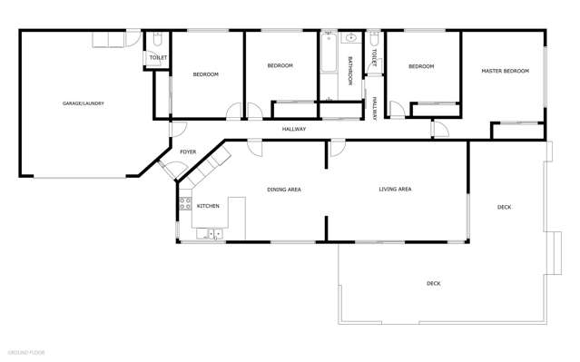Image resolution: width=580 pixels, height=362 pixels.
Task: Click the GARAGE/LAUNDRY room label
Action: pyautogui.click(x=83, y=103)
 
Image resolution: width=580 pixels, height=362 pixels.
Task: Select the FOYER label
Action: pyautogui.click(x=188, y=152)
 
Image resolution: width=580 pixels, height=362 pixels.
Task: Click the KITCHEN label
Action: pyautogui.click(x=208, y=207)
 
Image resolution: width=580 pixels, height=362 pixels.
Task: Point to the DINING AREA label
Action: pyautogui.click(x=283, y=190)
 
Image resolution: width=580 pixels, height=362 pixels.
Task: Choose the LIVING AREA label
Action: pyautogui.click(x=395, y=189)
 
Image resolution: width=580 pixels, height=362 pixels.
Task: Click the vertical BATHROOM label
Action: pyautogui.click(x=350, y=71)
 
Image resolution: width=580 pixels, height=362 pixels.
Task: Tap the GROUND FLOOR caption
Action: pyautogui.click(x=26, y=350)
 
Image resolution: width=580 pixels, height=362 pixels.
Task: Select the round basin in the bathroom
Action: pyautogui.click(x=350, y=40)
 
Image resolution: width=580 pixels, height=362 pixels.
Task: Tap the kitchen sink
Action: pyautogui.click(x=215, y=234)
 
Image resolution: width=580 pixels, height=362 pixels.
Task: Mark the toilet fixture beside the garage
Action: pyautogui.click(x=157, y=40)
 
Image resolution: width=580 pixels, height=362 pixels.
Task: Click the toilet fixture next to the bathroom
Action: pyautogui.click(x=373, y=39)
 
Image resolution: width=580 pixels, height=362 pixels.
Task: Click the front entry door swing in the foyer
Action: pyautogui.click(x=170, y=169)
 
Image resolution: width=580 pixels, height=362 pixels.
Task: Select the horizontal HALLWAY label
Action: pyautogui.click(x=293, y=129)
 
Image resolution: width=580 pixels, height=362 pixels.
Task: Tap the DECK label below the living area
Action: pyautogui.click(x=434, y=284)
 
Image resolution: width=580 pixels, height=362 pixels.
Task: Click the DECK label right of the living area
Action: pyautogui.click(x=504, y=208)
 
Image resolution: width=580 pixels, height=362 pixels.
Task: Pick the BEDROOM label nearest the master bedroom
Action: pyautogui.click(x=420, y=66)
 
